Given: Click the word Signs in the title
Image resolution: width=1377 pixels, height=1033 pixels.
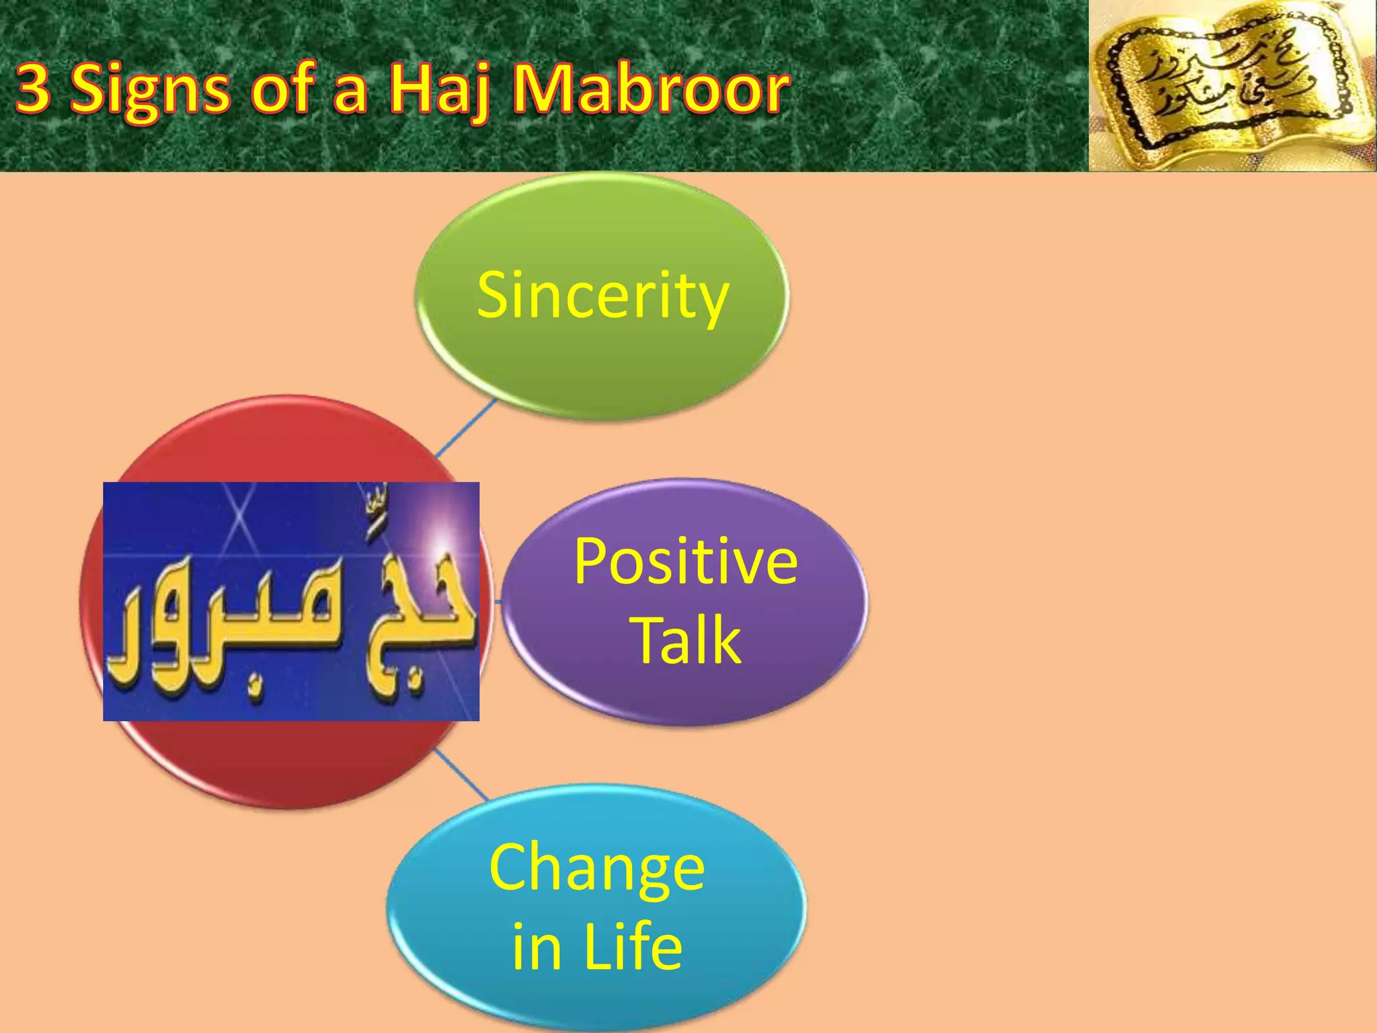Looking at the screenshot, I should (x=149, y=91).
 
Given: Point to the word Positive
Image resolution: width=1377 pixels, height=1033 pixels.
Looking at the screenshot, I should (x=685, y=562).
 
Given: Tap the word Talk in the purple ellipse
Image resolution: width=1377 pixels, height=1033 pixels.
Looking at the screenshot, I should (x=686, y=640).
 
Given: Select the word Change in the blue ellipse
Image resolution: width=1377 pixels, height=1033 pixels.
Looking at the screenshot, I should (x=596, y=868).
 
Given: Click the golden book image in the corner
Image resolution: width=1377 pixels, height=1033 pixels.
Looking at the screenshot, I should (x=1232, y=86).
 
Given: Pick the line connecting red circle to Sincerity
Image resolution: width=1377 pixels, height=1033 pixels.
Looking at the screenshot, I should (x=465, y=428).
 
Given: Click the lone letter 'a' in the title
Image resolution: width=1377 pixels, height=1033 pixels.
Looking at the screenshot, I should (x=350, y=94).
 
